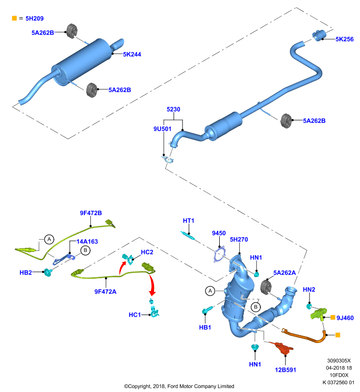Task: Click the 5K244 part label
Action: pos(132,54)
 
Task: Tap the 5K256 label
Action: pos(344,39)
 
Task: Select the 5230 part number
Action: pos(173,109)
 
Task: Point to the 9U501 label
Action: pos(162,129)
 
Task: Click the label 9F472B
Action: pos(91,213)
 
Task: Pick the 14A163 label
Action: pos(87,242)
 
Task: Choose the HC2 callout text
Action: pos(147,252)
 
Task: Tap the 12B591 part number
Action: pos(285,370)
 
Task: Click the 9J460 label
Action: pos(345,318)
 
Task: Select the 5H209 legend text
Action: pos(34,18)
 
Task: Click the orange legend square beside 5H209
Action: pos(14,18)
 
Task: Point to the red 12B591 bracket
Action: pos(283,347)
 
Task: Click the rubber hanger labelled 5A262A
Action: pos(266,287)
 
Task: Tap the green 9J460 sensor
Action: pos(318,314)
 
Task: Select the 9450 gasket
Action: pos(220,254)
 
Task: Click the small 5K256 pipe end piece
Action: pos(319,35)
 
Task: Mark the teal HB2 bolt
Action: pos(48,272)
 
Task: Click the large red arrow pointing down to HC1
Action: pos(152,284)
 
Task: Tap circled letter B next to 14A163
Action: pos(85,250)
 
